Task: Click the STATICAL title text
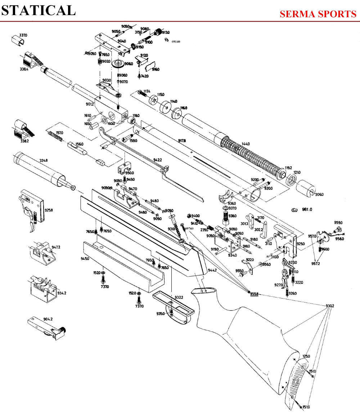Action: (39, 10)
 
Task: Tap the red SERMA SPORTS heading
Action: (318, 14)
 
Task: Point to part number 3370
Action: (23, 35)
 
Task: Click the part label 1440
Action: (245, 144)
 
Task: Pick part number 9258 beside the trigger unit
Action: (49, 210)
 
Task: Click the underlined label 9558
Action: (254, 293)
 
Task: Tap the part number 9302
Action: (330, 306)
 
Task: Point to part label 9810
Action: (307, 209)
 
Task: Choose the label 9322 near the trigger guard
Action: (179, 297)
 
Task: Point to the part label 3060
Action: (319, 194)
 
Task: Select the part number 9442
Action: (212, 270)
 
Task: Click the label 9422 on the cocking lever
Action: (158, 160)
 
